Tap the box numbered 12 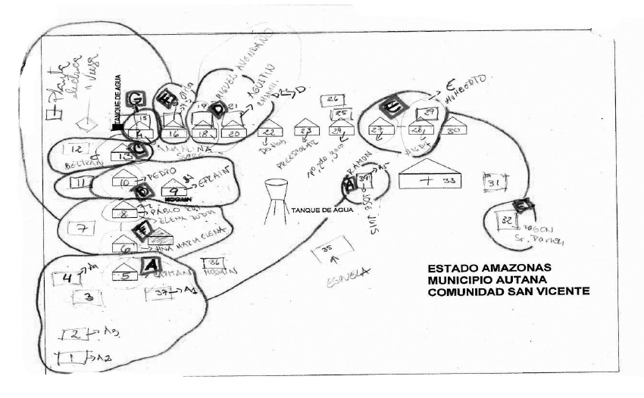click(80, 148)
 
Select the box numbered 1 click(71, 359)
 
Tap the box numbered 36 click(214, 263)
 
